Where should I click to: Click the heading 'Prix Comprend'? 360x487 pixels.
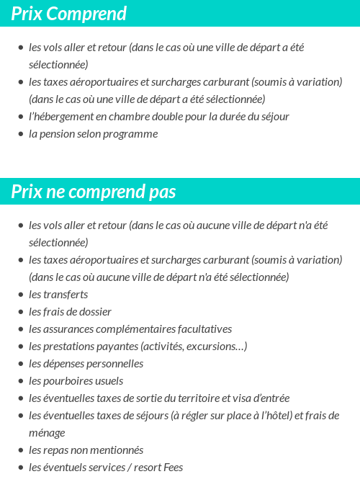point(69,14)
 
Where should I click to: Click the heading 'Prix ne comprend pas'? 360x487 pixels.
point(94,192)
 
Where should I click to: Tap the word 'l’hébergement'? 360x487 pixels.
point(62,116)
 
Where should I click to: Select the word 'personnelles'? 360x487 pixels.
point(115,363)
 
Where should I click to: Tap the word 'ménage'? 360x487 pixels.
point(47,432)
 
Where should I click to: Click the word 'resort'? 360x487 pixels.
point(144,467)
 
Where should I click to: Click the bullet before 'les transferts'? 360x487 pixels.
point(21,295)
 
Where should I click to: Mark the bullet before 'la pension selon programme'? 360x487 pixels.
point(21,135)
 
